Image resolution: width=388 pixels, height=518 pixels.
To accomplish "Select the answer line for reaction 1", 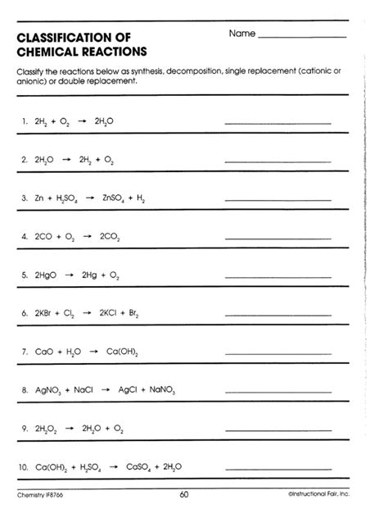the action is point(277,123).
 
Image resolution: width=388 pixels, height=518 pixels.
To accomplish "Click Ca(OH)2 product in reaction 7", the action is point(123,352).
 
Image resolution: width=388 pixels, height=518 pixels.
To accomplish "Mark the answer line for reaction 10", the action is point(277,470).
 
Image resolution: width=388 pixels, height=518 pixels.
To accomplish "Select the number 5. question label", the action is point(25,275).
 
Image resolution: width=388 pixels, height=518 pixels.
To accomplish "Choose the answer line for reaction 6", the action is point(277,316).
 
